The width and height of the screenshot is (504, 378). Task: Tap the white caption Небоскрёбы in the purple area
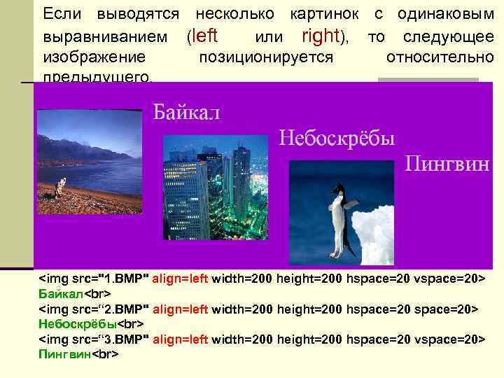tap(337, 136)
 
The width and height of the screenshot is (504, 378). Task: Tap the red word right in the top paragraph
tap(321, 36)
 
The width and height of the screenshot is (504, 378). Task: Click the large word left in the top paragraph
tap(204, 36)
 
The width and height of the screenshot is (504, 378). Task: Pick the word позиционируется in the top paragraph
tap(266, 57)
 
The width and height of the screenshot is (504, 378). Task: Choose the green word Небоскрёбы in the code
tap(76, 323)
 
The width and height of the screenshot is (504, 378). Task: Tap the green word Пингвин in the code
tap(64, 355)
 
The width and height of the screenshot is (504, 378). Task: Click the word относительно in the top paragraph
tap(440, 57)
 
